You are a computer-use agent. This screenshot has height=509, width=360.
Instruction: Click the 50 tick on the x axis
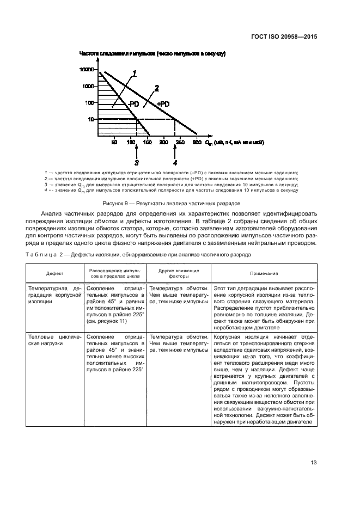pos(114,142)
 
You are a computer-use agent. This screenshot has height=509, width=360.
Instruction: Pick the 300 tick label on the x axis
pos(196,142)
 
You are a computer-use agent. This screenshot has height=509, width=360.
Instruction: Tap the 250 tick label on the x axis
pos(180,142)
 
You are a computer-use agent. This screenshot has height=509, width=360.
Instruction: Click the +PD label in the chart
pos(163,103)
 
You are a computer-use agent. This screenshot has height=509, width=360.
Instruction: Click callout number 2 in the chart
pos(156,87)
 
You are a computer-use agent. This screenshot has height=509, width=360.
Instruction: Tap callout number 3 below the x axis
pos(137,162)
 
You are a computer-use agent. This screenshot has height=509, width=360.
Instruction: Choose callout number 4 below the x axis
pos(175,162)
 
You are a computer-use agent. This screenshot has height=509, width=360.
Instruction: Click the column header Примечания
pos(264,274)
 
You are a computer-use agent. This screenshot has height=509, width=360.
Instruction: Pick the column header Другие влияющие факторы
pos(178,274)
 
